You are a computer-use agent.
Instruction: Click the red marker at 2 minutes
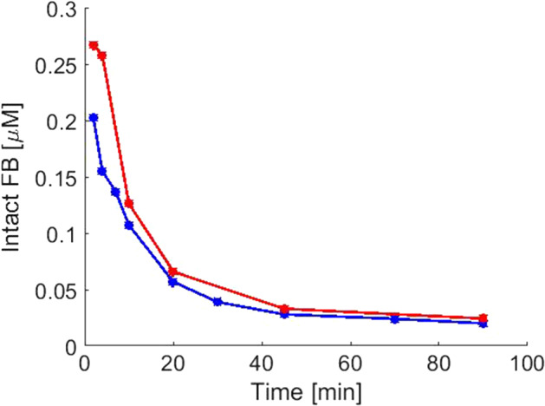pos(94,45)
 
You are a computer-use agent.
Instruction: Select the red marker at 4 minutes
pos(102,56)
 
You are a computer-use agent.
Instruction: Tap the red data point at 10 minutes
pos(128,203)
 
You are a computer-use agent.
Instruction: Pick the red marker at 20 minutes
pos(172,272)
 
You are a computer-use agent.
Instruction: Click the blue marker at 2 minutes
pos(94,117)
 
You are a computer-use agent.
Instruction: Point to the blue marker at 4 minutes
pos(102,171)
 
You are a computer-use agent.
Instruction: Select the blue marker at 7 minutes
pos(115,192)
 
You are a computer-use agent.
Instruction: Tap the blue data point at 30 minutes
pos(217,302)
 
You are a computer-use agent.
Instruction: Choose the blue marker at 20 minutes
pos(172,282)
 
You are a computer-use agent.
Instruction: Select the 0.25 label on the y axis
pos(55,66)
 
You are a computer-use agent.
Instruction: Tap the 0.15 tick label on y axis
pos(55,178)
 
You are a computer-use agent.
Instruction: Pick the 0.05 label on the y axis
pos(55,290)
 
